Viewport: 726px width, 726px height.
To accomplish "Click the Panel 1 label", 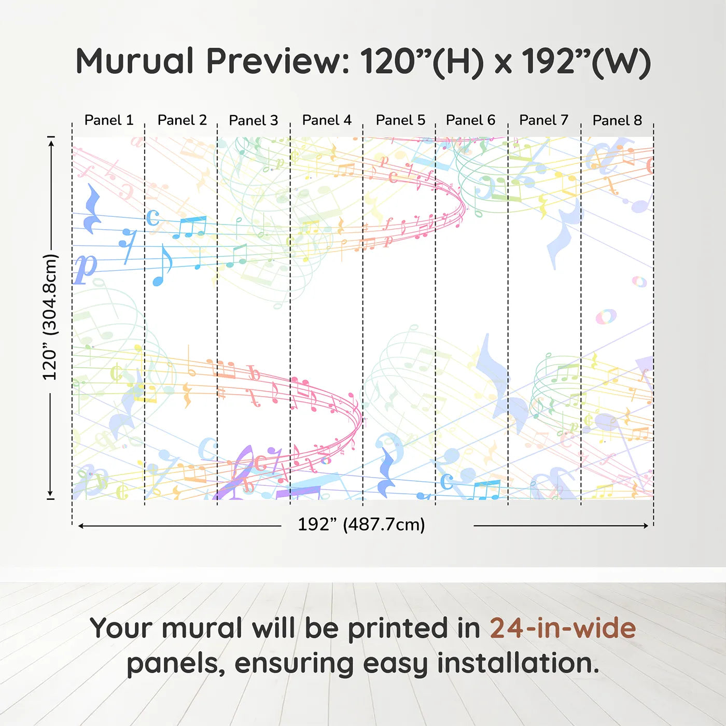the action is coord(109,120).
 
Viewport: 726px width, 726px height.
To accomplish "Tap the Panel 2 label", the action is coord(183,120).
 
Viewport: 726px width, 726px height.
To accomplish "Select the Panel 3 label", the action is coord(254,120).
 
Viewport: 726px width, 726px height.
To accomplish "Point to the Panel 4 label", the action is coord(327,120).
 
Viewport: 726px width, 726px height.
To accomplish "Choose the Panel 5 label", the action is coord(400,120).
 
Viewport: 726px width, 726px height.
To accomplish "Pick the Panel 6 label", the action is coord(470,120).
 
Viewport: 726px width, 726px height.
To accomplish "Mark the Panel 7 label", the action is coord(543,120).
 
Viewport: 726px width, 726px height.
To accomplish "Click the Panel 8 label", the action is coord(617,120).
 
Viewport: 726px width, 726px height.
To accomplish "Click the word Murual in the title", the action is coord(135,61).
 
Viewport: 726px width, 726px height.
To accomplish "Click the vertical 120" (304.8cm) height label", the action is coord(50,317).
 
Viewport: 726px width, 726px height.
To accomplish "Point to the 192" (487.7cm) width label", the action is coord(361,524).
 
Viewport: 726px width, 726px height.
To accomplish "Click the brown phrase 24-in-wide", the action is coord(563,628).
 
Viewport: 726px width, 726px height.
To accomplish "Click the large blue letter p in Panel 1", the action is coord(85,268).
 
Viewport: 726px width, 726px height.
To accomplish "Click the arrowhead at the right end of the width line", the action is coord(646,525).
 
